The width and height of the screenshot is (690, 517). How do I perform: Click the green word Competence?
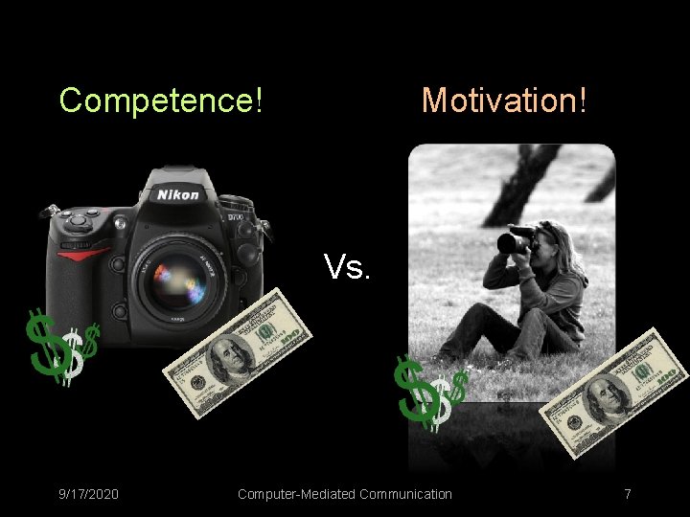[161, 100]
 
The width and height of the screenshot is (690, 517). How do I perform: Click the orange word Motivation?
[504, 100]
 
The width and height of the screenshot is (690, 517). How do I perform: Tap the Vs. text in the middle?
[347, 267]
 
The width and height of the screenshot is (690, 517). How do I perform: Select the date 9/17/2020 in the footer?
[88, 494]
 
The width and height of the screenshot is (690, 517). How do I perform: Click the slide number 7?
[627, 494]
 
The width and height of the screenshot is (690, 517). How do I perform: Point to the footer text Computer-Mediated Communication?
[344, 494]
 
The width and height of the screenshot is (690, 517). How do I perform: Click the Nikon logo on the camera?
[178, 194]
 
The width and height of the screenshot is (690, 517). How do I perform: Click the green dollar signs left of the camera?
[59, 347]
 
